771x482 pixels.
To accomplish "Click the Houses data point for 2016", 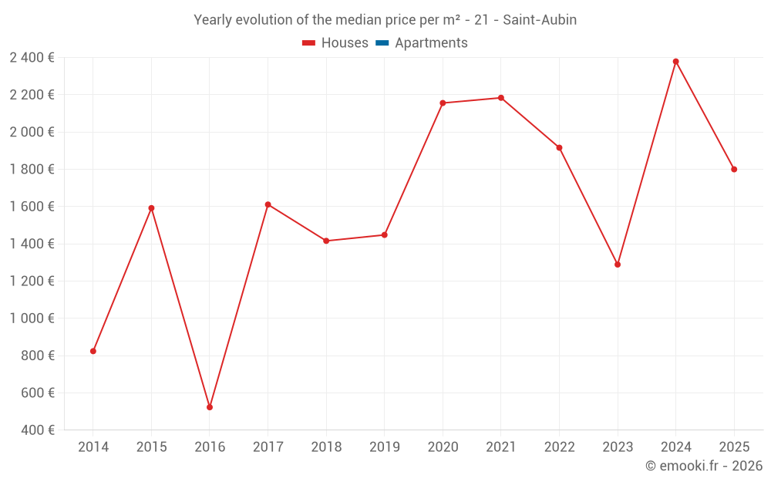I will (x=210, y=407).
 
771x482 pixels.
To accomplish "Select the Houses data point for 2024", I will (x=676, y=62).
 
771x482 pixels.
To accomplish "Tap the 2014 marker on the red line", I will (x=93, y=351).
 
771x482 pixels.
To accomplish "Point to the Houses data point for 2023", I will (x=618, y=265).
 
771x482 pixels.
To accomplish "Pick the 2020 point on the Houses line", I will (x=443, y=103).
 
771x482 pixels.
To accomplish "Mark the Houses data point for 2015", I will (x=151, y=208).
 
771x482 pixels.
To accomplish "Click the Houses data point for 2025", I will (x=734, y=170).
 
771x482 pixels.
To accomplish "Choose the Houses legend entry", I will (x=345, y=43).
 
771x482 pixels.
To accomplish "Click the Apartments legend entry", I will (x=431, y=43).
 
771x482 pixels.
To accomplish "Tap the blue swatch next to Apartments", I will (x=382, y=43).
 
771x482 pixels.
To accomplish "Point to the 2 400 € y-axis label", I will (x=32, y=57).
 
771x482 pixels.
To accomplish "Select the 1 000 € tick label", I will (x=32, y=319).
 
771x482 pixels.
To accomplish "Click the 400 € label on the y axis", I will (x=39, y=430).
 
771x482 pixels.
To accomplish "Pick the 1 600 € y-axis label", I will (x=32, y=207).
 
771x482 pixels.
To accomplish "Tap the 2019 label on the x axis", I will (x=385, y=447).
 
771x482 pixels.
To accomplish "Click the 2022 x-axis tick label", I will (x=559, y=447).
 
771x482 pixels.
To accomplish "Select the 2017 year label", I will (x=268, y=447).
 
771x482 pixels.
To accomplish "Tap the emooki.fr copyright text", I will (x=704, y=466).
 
